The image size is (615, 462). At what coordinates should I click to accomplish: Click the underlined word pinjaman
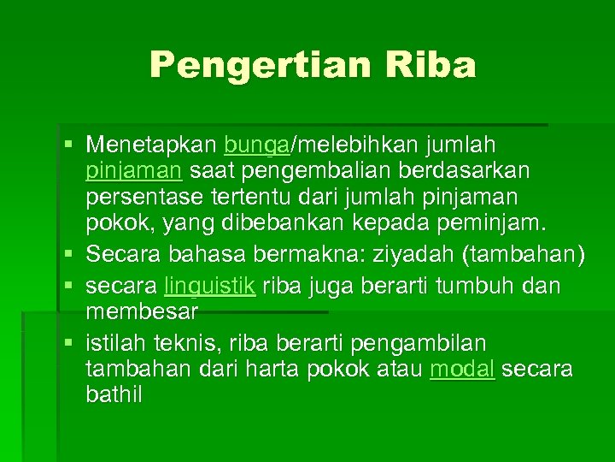click(x=133, y=170)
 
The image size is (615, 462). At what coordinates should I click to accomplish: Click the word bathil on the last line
click(x=114, y=396)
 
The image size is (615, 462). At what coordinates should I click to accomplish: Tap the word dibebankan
click(x=318, y=226)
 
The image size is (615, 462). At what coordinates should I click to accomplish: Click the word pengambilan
click(x=418, y=343)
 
